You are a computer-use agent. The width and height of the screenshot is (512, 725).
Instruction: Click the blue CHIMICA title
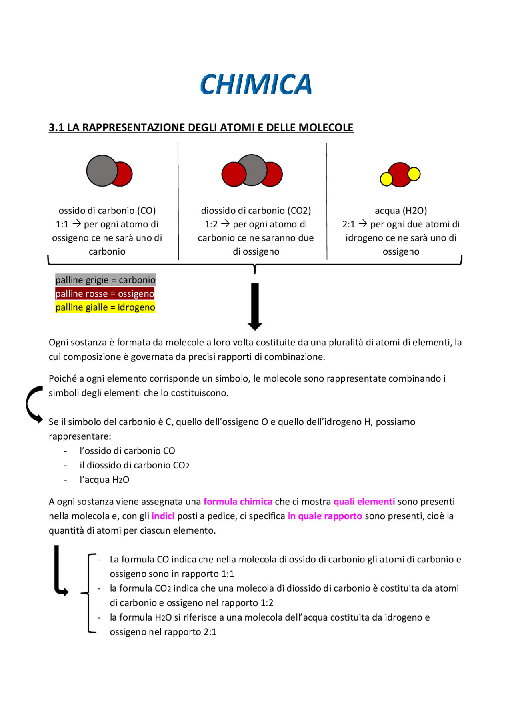coord(256,84)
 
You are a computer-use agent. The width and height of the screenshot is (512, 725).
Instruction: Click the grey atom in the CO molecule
coord(101,171)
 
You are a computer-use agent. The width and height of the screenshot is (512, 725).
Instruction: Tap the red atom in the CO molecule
coord(124,174)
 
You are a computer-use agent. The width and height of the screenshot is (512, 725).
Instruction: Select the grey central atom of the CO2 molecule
coord(252,170)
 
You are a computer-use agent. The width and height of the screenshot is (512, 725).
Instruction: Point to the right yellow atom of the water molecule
coord(414,174)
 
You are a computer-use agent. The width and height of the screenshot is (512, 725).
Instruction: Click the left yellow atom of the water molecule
coord(386,179)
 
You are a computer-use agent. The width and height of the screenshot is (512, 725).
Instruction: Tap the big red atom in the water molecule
coord(400,174)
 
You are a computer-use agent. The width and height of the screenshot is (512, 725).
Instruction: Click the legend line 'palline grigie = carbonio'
coord(105,280)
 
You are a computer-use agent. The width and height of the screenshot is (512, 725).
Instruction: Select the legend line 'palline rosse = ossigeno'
coord(105,293)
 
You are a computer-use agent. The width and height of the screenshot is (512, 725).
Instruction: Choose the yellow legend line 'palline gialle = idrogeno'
coord(105,307)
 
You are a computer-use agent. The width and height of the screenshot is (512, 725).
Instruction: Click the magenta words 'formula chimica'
coord(238,502)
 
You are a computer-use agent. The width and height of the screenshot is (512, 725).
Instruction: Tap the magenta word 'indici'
coord(163,516)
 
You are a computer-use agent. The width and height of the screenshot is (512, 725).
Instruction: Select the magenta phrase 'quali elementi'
coord(364,502)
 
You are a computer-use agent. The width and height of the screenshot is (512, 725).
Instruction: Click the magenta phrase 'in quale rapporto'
coord(325,516)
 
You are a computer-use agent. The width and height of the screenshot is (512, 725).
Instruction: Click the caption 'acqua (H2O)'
coord(401,211)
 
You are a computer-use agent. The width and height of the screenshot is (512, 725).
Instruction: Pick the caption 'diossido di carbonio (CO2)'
coord(256,211)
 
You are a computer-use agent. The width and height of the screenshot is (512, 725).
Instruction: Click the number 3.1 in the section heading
coord(56,127)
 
